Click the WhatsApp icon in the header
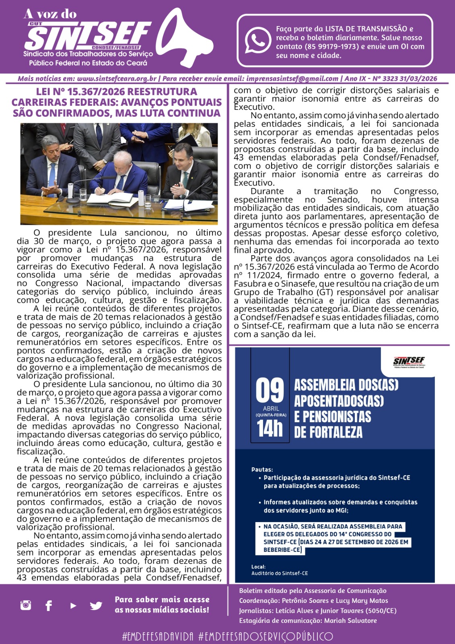pyautogui.click(x=258, y=40)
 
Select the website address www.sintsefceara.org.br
pyautogui.click(x=117, y=78)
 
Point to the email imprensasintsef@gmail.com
pyautogui.click(x=292, y=78)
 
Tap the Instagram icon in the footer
pyautogui.click(x=26, y=605)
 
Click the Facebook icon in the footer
pyautogui.click(x=49, y=605)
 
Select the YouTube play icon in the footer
pyautogui.click(x=73, y=605)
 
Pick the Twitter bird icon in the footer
pyautogui.click(x=96, y=605)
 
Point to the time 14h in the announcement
pyautogui.click(x=270, y=428)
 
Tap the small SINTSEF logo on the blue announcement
pyautogui.click(x=409, y=362)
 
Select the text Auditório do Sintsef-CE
pyautogui.click(x=280, y=573)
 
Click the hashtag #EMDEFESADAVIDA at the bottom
pyautogui.click(x=158, y=636)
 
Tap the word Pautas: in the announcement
pyautogui.click(x=262, y=469)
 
